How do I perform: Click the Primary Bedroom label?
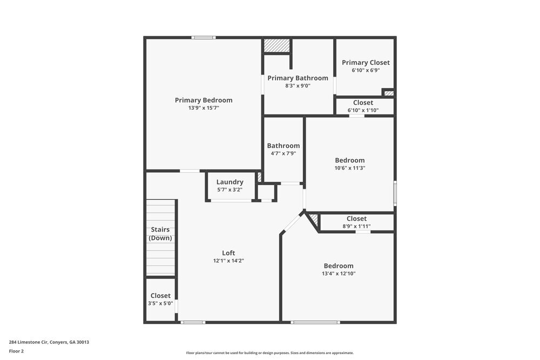tap(204, 100)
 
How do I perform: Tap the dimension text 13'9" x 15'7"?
tap(204, 108)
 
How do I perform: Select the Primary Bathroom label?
tap(298, 78)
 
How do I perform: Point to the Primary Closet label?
tap(366, 63)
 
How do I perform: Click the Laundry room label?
tap(230, 182)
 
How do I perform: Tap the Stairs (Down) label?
tap(160, 234)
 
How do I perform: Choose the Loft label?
tap(228, 253)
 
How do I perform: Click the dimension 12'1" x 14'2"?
tap(228, 261)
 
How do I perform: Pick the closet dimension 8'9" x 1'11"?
tap(356, 226)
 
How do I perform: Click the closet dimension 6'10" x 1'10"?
tap(363, 110)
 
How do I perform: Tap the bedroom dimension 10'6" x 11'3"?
tap(350, 168)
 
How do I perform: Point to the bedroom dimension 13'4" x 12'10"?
tap(339, 274)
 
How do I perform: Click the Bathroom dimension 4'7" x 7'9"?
tap(283, 153)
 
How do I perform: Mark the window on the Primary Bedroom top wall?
tap(204, 37)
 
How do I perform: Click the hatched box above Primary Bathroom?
tap(277, 45)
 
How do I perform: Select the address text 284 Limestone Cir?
tap(49, 342)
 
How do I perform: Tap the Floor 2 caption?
tap(16, 351)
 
